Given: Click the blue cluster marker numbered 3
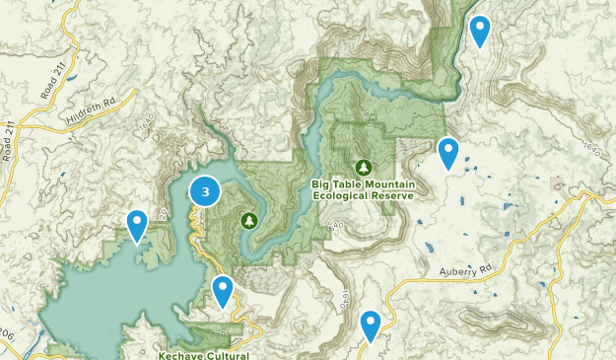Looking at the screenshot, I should tap(205, 192).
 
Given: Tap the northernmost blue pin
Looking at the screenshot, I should tap(480, 30).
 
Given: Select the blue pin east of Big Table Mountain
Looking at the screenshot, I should tap(448, 152).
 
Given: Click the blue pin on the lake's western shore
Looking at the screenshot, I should tap(137, 224).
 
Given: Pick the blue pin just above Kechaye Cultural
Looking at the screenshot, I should tap(224, 290).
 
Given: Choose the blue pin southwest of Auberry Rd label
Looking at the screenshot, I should tap(371, 324).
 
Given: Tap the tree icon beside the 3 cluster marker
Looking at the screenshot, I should tap(248, 219).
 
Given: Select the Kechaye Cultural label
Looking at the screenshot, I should tap(203, 354).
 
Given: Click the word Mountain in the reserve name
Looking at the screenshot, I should tap(388, 184).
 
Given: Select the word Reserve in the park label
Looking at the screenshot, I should tap(394, 195).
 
